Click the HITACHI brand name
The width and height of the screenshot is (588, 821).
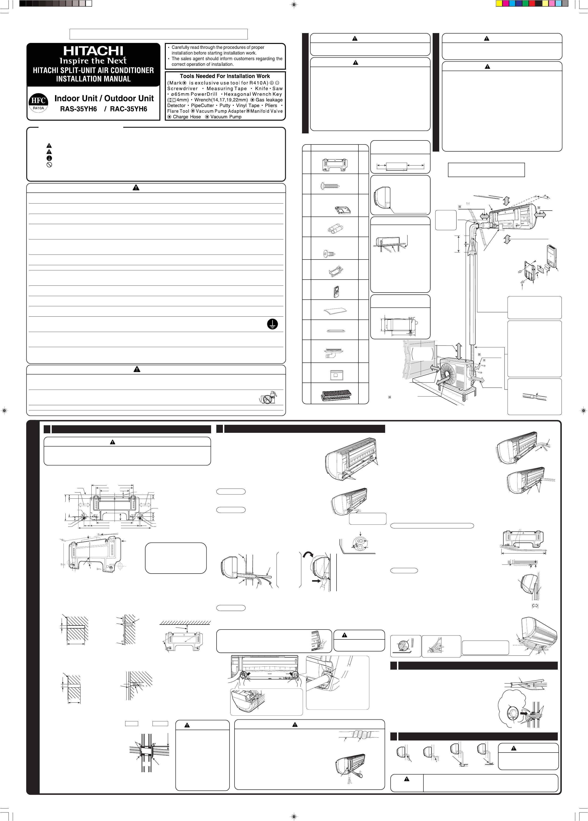pos(94,51)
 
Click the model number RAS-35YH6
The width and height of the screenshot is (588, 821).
pos(79,109)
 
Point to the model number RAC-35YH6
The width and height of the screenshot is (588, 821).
pos(128,109)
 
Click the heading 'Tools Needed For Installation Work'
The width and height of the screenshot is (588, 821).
pos(225,76)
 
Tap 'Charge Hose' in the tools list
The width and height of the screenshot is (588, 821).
pos(187,117)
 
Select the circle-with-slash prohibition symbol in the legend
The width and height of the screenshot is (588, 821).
pos(49,164)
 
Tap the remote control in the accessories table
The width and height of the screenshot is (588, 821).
pos(336,291)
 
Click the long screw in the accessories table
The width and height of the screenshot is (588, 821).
pos(330,186)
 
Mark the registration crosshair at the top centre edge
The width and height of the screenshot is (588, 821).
pos(294,5)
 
